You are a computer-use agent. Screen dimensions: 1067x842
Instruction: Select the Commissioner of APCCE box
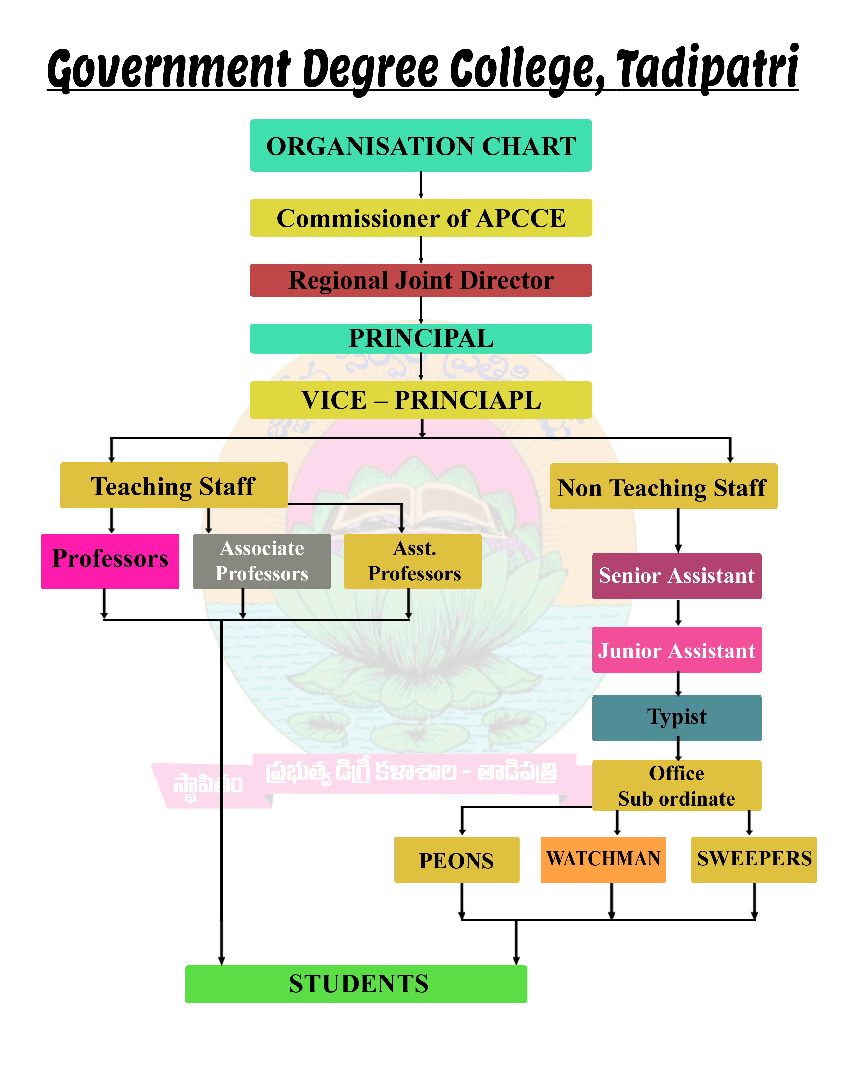421,218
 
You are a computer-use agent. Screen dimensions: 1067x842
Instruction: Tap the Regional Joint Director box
421,280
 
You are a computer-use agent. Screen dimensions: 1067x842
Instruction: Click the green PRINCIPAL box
421,338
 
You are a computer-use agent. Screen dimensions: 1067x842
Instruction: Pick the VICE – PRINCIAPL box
421,400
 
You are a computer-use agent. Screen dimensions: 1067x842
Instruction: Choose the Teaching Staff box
173,486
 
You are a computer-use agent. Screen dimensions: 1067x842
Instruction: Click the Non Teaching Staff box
663,486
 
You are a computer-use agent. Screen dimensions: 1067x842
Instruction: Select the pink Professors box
110,561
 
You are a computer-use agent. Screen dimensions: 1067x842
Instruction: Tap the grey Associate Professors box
261,561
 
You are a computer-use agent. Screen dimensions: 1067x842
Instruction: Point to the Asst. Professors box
412,561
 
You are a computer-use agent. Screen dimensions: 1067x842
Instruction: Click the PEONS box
457,860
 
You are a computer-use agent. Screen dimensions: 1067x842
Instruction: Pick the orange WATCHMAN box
603,859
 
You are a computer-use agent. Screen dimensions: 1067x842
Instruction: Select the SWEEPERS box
754,859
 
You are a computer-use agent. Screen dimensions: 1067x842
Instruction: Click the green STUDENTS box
356,984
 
